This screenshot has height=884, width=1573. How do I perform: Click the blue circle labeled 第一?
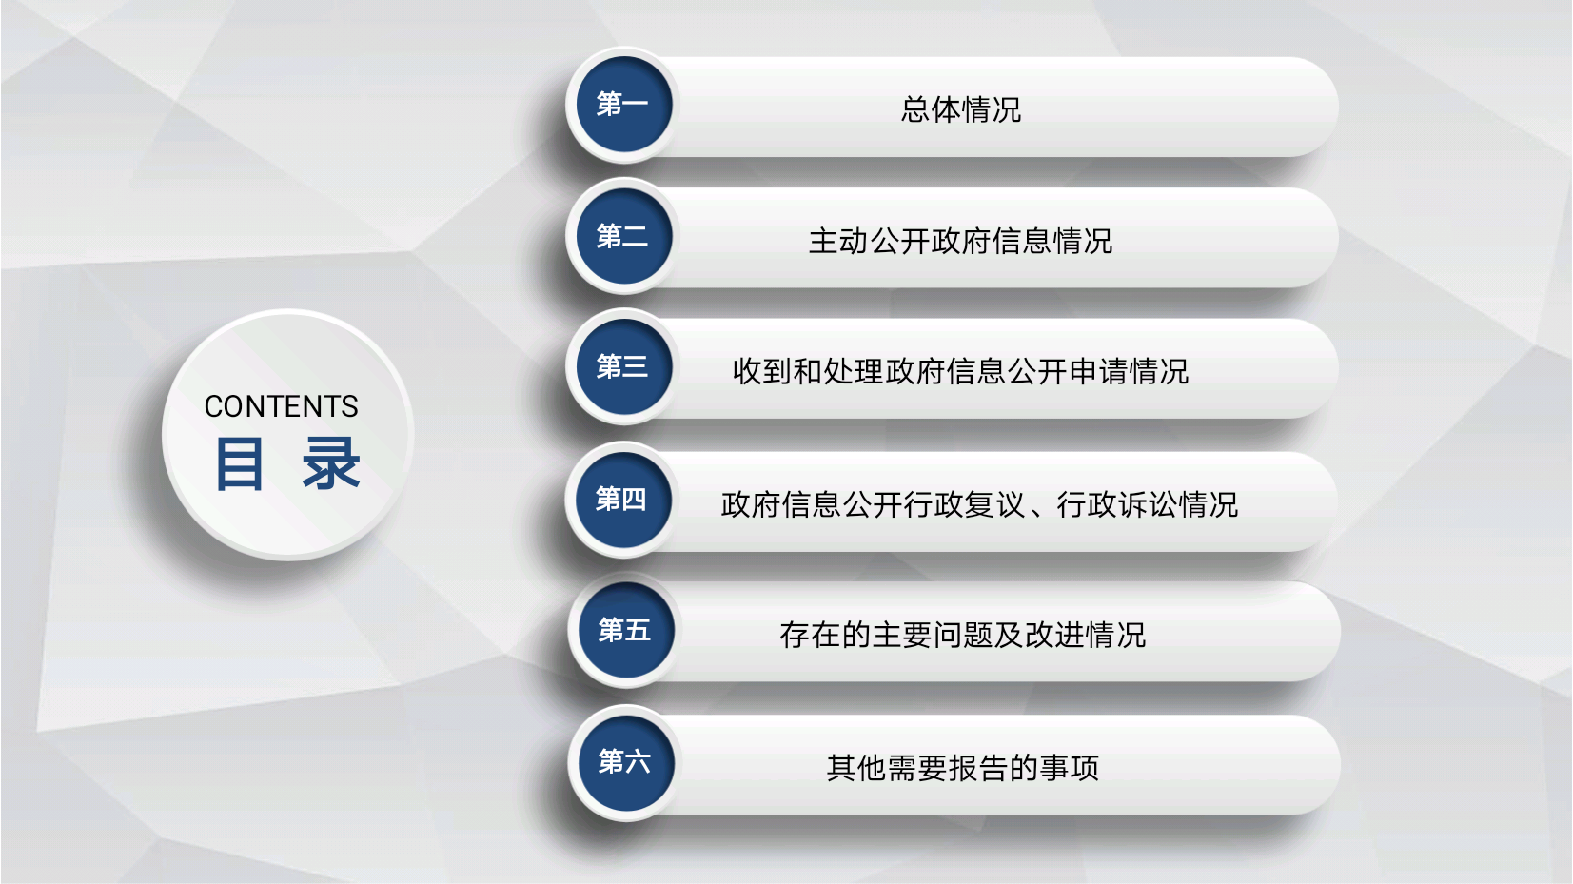coord(624,105)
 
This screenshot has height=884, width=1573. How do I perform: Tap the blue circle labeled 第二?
coord(624,236)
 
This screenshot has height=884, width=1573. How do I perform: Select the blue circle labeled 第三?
coord(624,366)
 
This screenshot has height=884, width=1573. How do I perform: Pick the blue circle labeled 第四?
coord(623,500)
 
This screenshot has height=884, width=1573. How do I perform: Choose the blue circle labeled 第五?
coord(626,630)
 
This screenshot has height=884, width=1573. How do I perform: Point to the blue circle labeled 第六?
coord(626,762)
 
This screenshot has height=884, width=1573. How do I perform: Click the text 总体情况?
coord(961,109)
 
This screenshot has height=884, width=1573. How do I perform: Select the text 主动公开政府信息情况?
coord(961,241)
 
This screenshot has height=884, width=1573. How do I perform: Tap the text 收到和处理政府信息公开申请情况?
coord(961,371)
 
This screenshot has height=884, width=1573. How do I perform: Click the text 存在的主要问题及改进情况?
coord(963,635)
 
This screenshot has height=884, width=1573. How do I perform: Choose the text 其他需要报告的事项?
coord(963,768)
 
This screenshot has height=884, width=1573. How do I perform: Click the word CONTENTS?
coord(282,406)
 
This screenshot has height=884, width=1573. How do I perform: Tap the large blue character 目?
coord(240,463)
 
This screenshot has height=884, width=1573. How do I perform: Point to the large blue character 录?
coord(331,463)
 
